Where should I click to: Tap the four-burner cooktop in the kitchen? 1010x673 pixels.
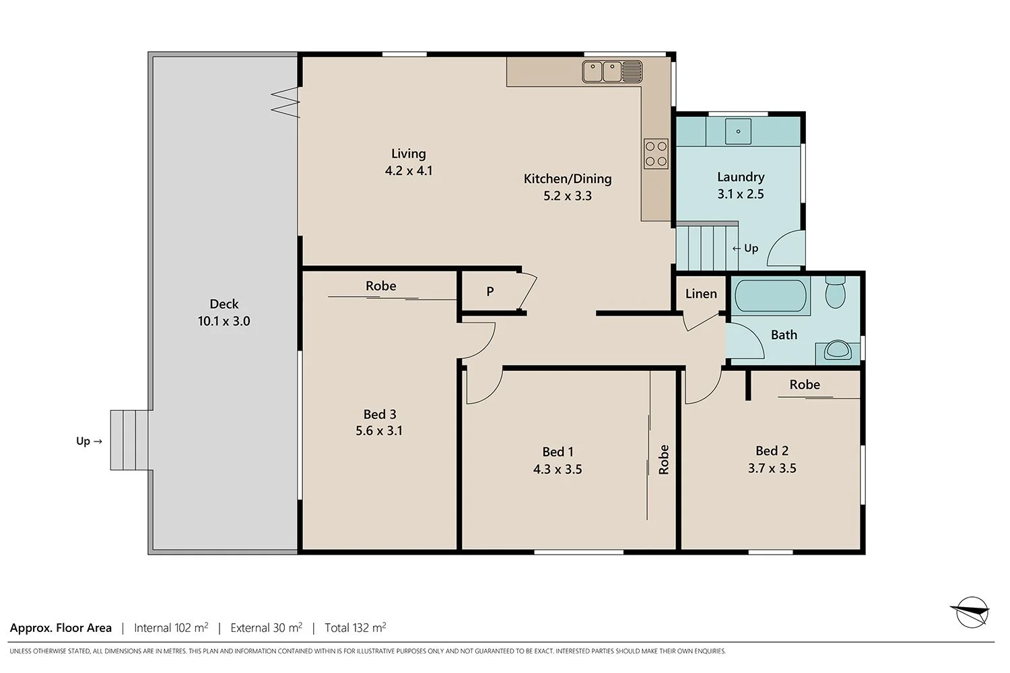pyautogui.click(x=656, y=153)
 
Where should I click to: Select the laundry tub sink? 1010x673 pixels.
pyautogui.click(x=738, y=132)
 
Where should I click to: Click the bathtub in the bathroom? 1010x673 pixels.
pyautogui.click(x=770, y=296)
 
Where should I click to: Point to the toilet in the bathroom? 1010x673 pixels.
pyautogui.click(x=835, y=291)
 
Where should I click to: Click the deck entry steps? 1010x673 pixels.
pyautogui.click(x=131, y=441)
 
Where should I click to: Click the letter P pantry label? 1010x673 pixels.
pyautogui.click(x=490, y=291)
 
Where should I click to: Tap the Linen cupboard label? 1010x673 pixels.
pyautogui.click(x=701, y=293)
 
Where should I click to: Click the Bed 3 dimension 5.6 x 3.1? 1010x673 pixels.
pyautogui.click(x=379, y=431)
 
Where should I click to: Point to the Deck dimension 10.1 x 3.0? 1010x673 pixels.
pyautogui.click(x=224, y=321)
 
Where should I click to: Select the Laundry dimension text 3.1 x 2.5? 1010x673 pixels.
pyautogui.click(x=741, y=194)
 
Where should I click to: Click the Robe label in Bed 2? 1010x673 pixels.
pyautogui.click(x=805, y=384)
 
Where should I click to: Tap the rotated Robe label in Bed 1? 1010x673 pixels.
pyautogui.click(x=664, y=460)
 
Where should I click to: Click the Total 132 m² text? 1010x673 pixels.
pyautogui.click(x=355, y=628)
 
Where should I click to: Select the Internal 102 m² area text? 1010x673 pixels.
pyautogui.click(x=171, y=628)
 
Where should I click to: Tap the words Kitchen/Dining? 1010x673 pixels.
pyautogui.click(x=568, y=178)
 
